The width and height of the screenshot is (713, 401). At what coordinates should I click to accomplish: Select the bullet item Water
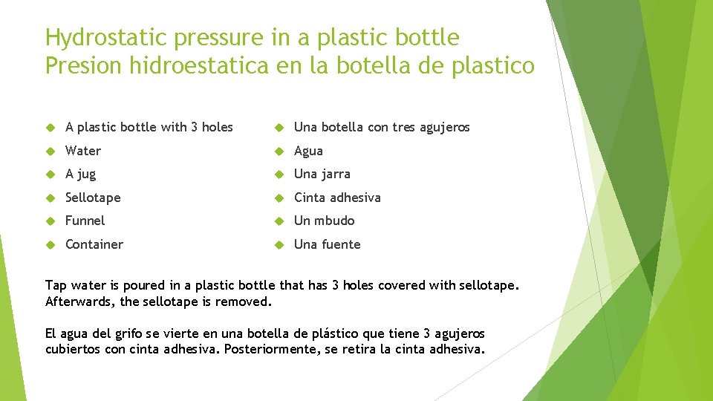point(83,151)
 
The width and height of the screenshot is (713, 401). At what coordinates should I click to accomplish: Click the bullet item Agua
point(308,151)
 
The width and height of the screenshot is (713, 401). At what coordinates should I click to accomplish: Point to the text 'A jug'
point(80,175)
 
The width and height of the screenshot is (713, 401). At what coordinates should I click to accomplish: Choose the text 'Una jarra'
point(322,175)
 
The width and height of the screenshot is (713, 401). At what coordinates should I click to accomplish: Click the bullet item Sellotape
point(93,198)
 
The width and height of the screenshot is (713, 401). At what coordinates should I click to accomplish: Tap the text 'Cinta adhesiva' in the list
point(337,198)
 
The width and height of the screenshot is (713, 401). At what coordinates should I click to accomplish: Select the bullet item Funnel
point(85,221)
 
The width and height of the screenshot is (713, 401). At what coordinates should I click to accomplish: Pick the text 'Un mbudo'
point(324,221)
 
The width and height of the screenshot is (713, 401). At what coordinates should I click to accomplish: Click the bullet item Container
point(94,244)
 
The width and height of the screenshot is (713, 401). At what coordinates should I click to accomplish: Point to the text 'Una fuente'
point(327,244)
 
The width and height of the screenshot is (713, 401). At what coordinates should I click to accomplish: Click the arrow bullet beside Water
point(51,151)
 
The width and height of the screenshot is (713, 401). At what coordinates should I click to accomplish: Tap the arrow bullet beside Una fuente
point(279,244)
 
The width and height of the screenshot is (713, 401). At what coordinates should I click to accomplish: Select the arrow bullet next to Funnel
point(51,221)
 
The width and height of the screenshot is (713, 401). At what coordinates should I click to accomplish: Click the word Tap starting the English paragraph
point(56,286)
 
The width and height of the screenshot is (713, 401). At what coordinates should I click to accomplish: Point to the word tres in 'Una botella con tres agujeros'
point(403,127)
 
